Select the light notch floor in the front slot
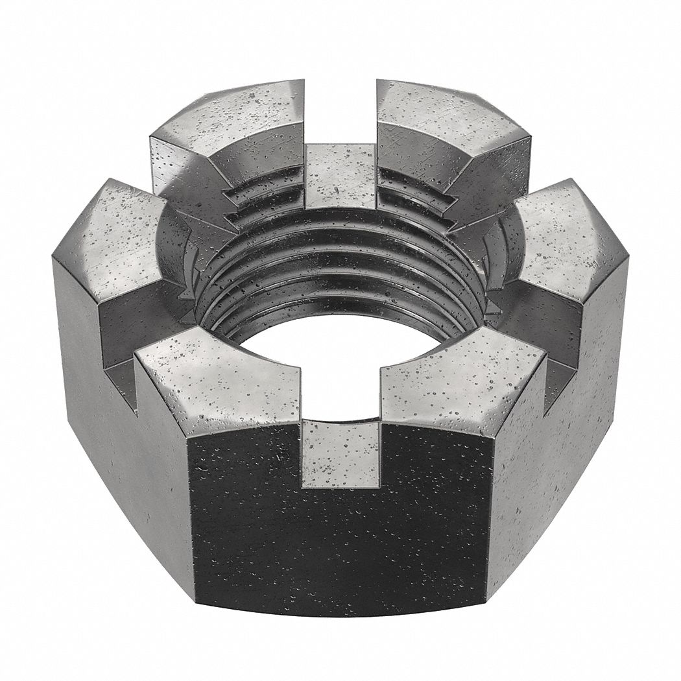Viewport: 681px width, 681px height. tap(341, 454)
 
